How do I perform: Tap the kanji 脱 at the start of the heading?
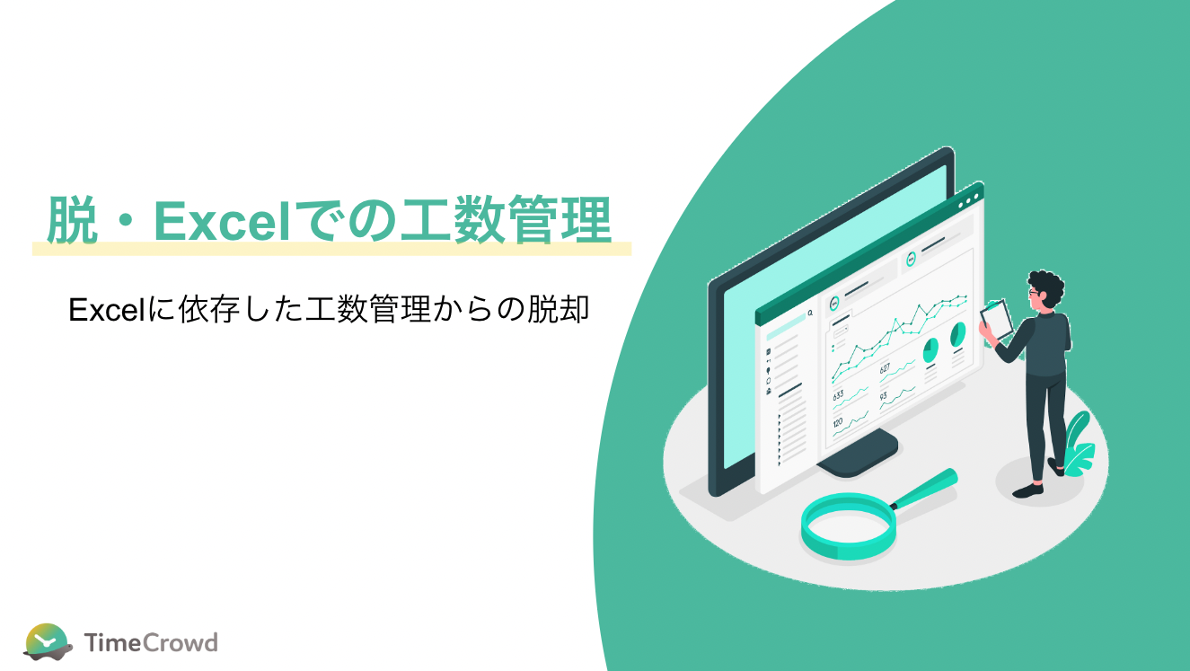pyautogui.click(x=71, y=220)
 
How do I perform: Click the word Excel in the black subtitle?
pyautogui.click(x=107, y=310)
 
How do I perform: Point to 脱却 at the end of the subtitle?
pyautogui.click(x=558, y=309)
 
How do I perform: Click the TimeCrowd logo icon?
pyautogui.click(x=48, y=641)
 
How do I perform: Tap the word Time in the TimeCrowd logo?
pyautogui.click(x=112, y=642)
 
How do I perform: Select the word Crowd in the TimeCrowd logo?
pyautogui.click(x=181, y=642)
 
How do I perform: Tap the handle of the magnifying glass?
pyautogui.click(x=927, y=486)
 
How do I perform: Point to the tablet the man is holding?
pyautogui.click(x=997, y=319)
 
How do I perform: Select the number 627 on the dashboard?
pyautogui.click(x=885, y=367)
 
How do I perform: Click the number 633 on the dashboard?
pyautogui.click(x=838, y=395)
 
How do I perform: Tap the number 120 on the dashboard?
pyautogui.click(x=838, y=423)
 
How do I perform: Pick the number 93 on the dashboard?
pyautogui.click(x=883, y=396)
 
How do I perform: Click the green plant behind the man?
pyautogui.click(x=1078, y=446)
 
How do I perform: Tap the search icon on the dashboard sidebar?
pyautogui.click(x=810, y=313)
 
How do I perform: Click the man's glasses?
pyautogui.click(x=1034, y=292)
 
